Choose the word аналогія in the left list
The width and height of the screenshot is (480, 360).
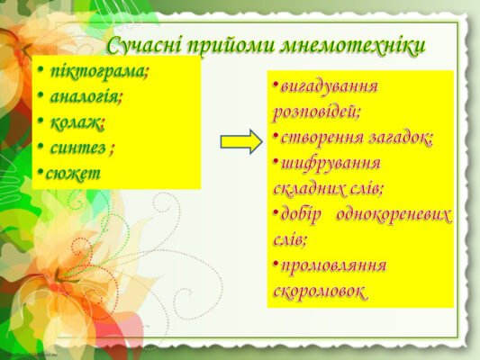[85, 95]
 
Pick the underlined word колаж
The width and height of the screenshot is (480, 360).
[76, 121]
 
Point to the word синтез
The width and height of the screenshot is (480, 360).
[78, 146]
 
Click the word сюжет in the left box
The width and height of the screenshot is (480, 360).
[72, 170]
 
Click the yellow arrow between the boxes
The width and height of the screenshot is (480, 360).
[240, 141]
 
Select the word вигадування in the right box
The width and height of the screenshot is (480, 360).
[329, 87]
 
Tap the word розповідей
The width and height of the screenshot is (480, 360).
[315, 112]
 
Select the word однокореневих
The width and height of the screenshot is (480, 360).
[394, 215]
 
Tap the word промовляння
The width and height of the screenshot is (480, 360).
[333, 266]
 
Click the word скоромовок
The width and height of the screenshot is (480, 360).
[321, 292]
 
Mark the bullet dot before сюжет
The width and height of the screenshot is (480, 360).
[40, 171]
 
